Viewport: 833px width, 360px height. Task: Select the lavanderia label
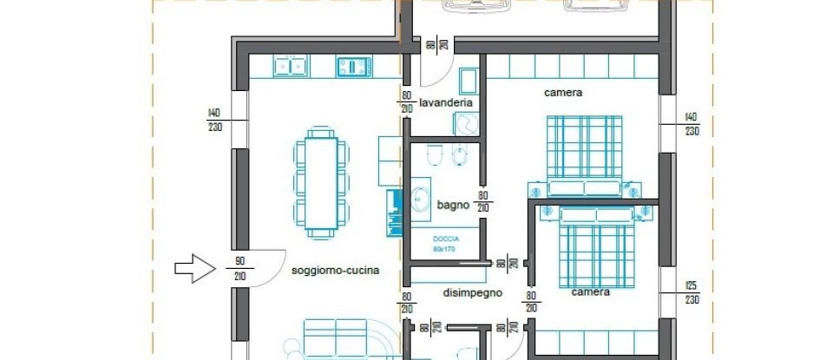coord(445,102)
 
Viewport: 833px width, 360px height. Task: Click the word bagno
coord(453,206)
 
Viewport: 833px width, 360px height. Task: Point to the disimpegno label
coord(473,293)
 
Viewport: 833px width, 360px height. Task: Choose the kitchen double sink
coord(288,65)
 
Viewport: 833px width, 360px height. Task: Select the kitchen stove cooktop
coord(354,65)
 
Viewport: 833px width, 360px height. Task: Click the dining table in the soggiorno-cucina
coord(320,183)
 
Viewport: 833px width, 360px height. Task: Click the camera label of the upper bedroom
coord(562,92)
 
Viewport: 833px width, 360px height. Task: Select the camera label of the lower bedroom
coord(590,292)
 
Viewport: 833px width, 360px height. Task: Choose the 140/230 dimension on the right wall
coord(691,124)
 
